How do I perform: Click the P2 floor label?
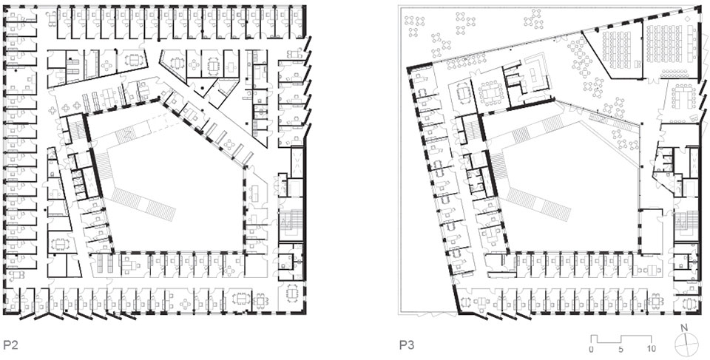coord(10,345)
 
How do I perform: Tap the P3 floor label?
coord(406,345)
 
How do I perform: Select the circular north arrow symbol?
coord(686,344)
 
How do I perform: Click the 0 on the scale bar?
coord(592,349)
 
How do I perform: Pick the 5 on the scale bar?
coord(621,349)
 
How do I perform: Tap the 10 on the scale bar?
coord(650,349)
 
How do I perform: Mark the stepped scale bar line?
coord(621,339)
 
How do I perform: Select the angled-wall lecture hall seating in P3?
coord(617,50)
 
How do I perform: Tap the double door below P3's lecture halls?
coord(654,80)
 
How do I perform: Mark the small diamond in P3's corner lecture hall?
coord(689,18)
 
